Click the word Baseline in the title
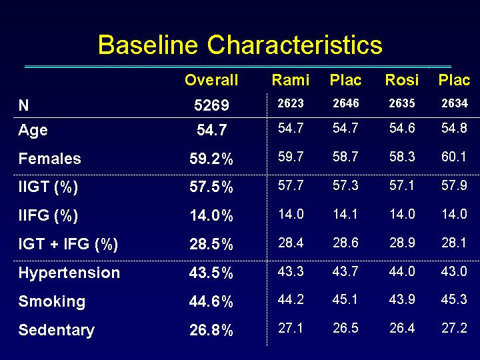pos(148,45)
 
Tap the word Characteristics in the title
pos(295,45)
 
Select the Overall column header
pos(211,80)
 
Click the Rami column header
pos(291,80)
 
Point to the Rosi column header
pos(401,80)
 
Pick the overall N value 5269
pos(211,105)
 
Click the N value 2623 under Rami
pos(291,103)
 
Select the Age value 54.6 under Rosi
pos(402,128)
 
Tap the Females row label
pos(49,159)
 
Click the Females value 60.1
pos(454,157)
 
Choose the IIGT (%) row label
pos(48,187)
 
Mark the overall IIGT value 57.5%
pos(211,187)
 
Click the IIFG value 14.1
pos(345,214)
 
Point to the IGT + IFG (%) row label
pos(68,244)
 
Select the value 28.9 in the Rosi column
pos(402,243)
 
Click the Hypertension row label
pos(69,273)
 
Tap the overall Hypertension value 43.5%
pos(211,273)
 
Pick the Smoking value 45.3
pos(454,299)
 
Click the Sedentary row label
pos(56,330)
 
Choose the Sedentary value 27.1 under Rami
pos(290,328)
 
